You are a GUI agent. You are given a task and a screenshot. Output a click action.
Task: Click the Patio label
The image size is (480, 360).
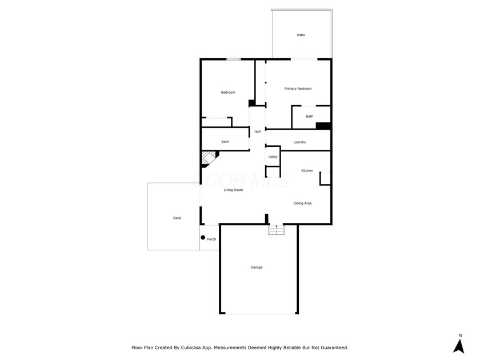(301, 35)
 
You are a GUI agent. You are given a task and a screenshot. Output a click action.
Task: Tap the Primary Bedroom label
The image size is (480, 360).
(298, 89)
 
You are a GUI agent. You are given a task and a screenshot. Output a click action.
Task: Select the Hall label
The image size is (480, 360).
(258, 131)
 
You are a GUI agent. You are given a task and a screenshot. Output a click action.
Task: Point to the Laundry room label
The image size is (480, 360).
(299, 142)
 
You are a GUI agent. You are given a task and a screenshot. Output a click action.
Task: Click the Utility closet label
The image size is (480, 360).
(273, 157)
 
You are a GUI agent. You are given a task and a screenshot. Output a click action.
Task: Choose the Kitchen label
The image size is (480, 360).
(307, 170)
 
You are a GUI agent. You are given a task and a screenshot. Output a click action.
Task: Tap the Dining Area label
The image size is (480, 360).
(302, 203)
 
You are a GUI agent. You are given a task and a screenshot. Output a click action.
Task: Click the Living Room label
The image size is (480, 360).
(233, 190)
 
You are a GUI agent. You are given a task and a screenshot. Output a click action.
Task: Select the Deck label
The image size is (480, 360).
(177, 218)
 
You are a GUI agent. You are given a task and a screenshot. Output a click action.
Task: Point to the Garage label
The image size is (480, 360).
(257, 267)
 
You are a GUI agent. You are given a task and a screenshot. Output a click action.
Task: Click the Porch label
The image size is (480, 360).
(211, 239)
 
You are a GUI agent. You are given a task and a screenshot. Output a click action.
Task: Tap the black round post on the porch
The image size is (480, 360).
(203, 238)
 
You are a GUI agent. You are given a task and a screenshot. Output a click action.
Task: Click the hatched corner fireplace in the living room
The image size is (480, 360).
(209, 158)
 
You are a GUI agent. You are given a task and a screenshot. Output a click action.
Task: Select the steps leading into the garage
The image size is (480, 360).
(277, 230)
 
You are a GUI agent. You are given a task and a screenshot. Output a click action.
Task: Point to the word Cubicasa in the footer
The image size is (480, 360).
(190, 347)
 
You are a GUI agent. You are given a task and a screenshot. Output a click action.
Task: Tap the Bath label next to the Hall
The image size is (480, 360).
(225, 142)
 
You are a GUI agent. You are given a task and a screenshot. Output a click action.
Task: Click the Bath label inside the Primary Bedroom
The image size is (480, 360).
(310, 117)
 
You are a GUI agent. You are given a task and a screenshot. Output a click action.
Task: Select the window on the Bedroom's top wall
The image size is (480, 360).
(233, 59)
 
